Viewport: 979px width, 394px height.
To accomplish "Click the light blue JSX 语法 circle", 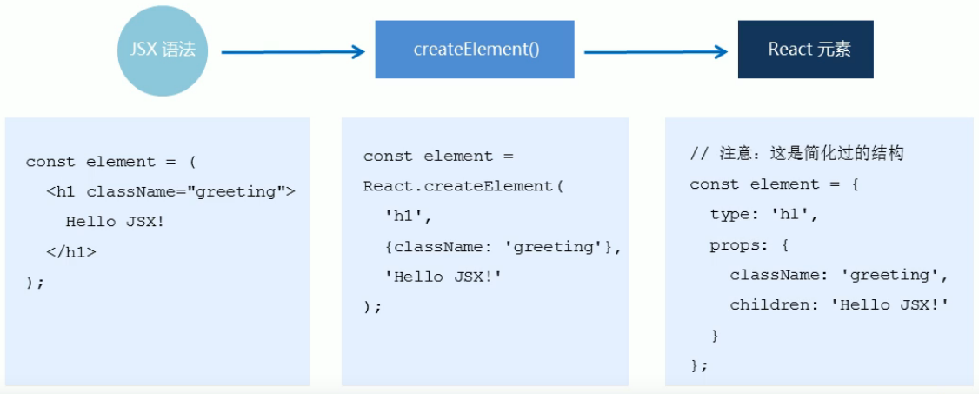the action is click(162, 50).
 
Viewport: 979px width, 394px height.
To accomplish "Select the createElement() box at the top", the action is click(475, 50).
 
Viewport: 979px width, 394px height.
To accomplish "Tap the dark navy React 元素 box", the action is click(805, 50).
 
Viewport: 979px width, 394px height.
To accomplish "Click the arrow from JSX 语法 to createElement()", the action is click(293, 52).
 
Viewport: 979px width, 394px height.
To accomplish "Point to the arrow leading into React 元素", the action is click(656, 52).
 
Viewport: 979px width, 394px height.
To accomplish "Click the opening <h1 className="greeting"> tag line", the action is click(170, 192).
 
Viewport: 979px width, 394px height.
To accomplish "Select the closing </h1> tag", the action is click(71, 252).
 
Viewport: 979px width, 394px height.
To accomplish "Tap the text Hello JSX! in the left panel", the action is click(116, 223).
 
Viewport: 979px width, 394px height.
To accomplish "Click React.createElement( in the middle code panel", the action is click(463, 186).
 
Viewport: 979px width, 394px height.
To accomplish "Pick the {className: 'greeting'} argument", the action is click(499, 247).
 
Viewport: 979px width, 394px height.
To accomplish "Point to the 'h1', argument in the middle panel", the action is click(409, 217).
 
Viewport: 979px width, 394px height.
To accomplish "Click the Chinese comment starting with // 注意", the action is click(796, 154).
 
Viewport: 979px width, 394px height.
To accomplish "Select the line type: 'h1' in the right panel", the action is click(764, 214).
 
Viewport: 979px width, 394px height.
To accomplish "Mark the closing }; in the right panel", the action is click(699, 364).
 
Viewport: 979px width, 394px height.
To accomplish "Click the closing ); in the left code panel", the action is click(36, 282).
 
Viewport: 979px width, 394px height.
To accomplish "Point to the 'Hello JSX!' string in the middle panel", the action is click(444, 277).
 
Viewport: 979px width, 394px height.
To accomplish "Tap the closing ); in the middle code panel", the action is click(373, 306).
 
